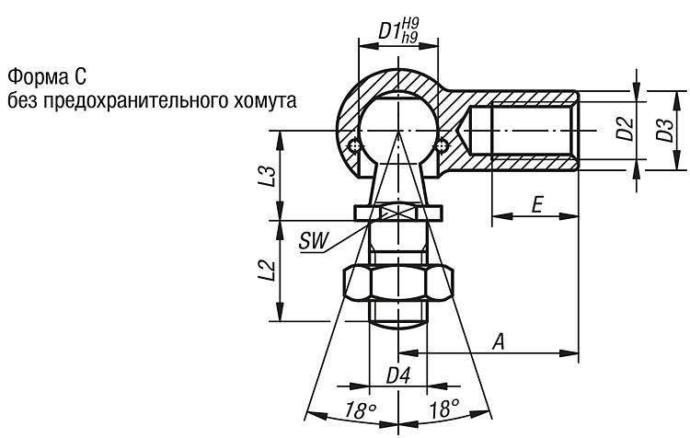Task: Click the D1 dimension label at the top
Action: point(389,30)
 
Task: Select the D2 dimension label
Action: point(625,130)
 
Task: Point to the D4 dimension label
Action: point(398,376)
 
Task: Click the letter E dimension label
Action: point(537,205)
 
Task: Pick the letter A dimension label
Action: point(499,341)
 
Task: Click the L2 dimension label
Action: point(267,271)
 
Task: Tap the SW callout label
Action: point(314,241)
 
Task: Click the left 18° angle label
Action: point(360,409)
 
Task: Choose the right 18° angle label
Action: point(443,409)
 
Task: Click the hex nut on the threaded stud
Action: point(398,283)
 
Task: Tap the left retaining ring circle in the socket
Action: point(354,145)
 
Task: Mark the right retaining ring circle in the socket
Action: point(442,145)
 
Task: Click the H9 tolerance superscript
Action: point(410,24)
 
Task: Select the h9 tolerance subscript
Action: point(409,38)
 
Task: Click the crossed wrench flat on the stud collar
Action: point(398,213)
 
